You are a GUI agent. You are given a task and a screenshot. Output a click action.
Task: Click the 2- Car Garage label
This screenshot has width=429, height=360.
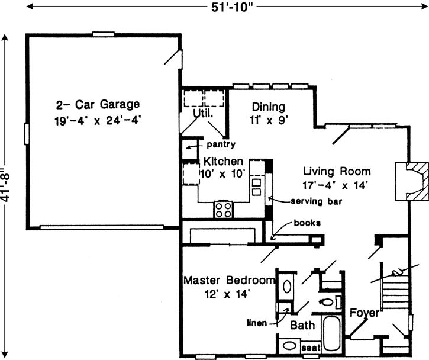(x=98, y=105)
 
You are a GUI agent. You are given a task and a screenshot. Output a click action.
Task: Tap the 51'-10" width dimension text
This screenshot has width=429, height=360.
(x=214, y=8)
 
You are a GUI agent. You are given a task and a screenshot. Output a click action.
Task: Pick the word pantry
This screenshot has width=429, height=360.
(x=221, y=144)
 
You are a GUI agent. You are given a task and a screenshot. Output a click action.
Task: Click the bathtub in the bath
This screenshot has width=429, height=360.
(x=333, y=334)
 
